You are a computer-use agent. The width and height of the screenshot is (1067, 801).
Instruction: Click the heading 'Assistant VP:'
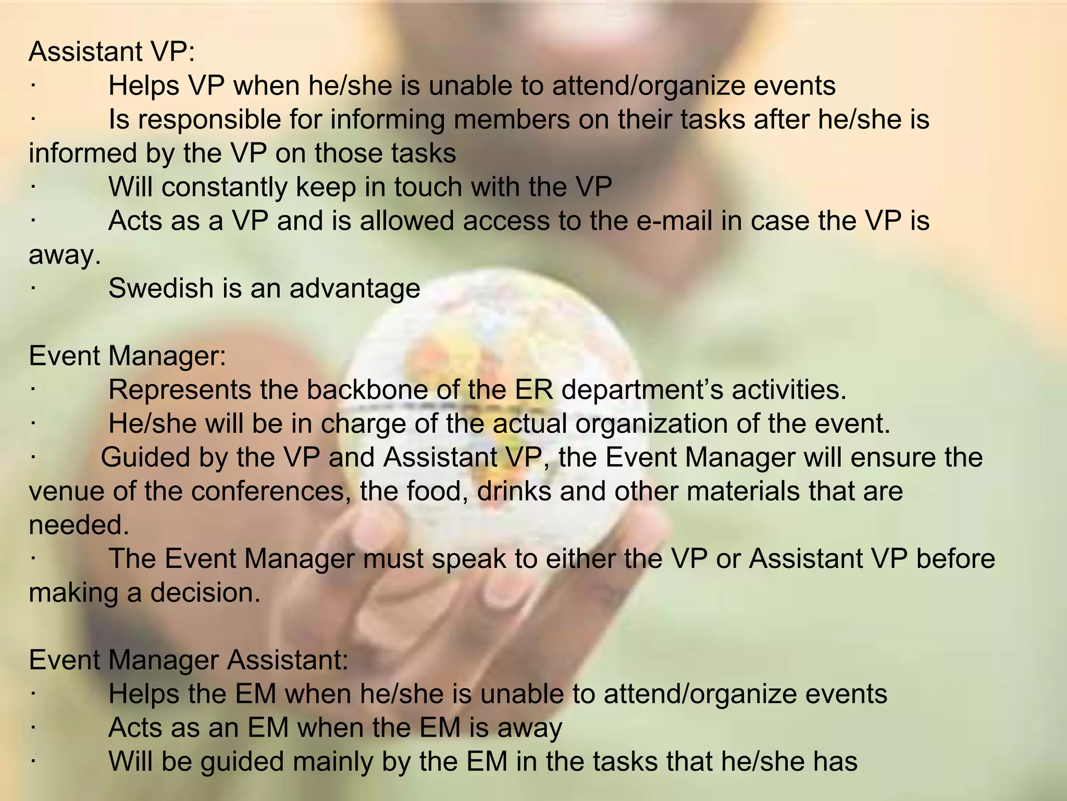tap(111, 52)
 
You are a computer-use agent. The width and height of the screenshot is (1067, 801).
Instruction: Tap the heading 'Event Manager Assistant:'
tap(189, 660)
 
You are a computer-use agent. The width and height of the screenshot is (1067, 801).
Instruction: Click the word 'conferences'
tap(271, 491)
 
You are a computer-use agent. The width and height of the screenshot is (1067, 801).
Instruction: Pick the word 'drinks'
tap(514, 491)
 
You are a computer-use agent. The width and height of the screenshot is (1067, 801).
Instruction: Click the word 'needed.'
tap(79, 525)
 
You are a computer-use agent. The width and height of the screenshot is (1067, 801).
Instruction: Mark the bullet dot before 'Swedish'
tap(32, 288)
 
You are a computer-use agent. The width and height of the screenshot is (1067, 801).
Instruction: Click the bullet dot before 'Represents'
tap(32, 390)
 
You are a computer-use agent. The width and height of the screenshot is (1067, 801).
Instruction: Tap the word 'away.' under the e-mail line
tap(64, 256)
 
